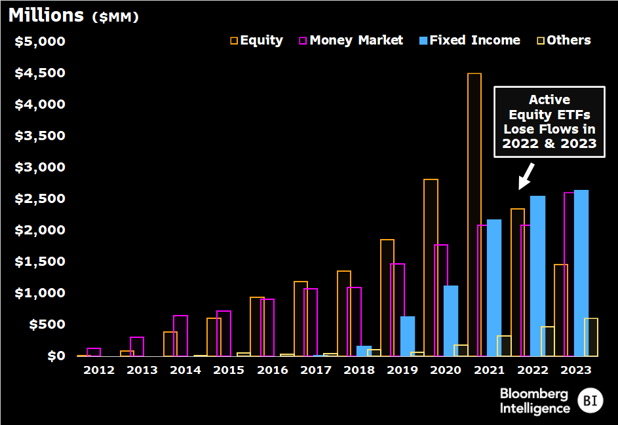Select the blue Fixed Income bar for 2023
tap(581, 273)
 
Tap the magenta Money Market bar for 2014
tap(180, 335)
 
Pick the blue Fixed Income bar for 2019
tap(408, 336)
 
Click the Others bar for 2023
tap(591, 337)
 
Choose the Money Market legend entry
tap(351, 40)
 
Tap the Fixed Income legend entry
tap(469, 40)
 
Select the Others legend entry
tap(563, 40)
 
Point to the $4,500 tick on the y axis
tap(41, 73)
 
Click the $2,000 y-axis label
tap(41, 230)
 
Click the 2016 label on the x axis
tap(272, 370)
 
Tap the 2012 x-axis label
tap(99, 370)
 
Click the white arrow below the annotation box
tap(526, 176)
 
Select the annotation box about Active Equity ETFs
tap(549, 122)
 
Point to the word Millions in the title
tap(46, 15)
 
